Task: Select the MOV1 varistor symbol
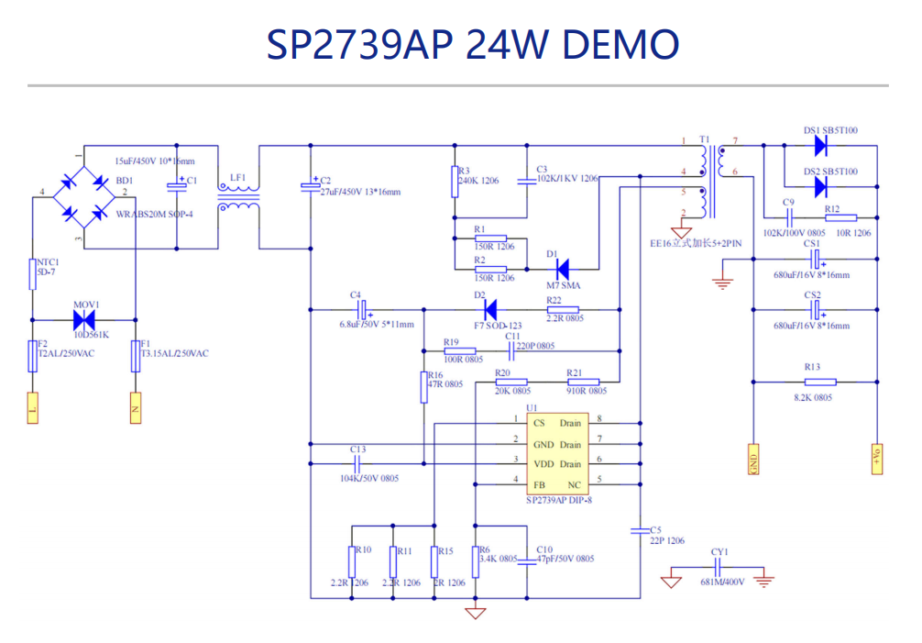click(x=84, y=319)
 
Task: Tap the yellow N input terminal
click(x=135, y=406)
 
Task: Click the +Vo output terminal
click(x=877, y=458)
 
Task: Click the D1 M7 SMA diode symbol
click(x=563, y=270)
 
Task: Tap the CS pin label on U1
click(x=539, y=423)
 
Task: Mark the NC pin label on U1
click(x=574, y=483)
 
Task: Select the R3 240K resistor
click(x=453, y=179)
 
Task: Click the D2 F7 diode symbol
click(x=489, y=309)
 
